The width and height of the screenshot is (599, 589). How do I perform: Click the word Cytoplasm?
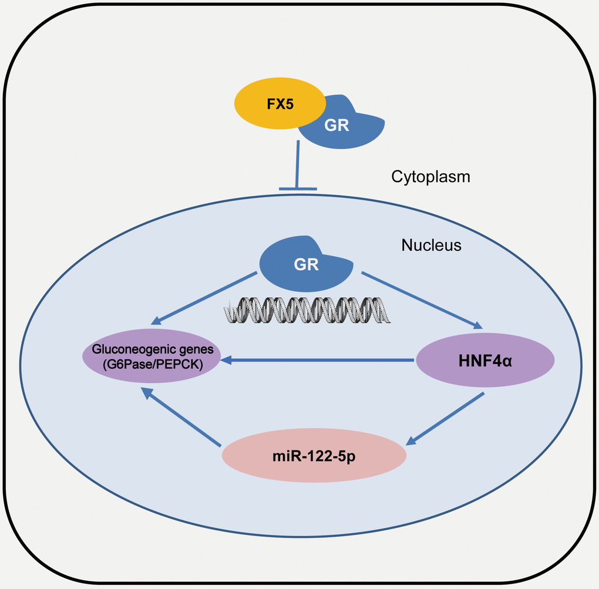point(430,176)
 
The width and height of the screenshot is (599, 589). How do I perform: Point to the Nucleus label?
point(431,245)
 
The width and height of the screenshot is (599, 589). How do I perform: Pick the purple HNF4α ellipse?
point(486,359)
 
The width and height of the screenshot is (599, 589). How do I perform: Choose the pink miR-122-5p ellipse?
point(314,456)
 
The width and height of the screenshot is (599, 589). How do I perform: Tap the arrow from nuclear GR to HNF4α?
point(421,299)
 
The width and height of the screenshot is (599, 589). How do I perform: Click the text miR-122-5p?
point(314,456)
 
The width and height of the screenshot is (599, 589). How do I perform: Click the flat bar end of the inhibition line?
point(297,189)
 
